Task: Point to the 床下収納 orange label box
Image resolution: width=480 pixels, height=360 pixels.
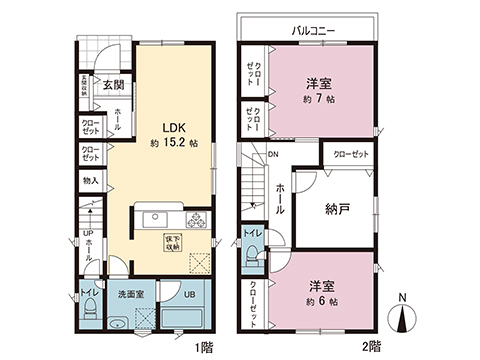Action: [173, 242]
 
